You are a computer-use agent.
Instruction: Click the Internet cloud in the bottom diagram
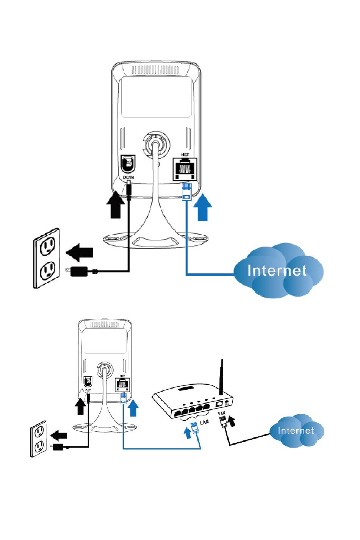296,431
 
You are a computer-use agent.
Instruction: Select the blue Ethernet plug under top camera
186,191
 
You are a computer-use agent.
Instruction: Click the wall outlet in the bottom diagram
38,439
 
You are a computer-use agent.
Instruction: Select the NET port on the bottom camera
122,384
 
